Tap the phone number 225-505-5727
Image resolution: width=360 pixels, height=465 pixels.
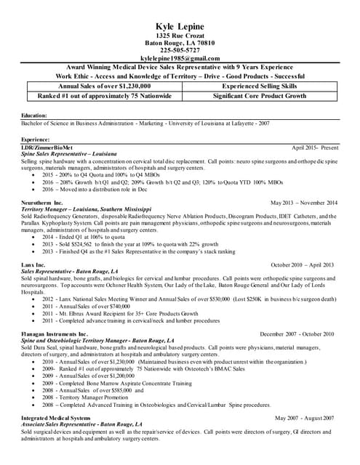[180, 50]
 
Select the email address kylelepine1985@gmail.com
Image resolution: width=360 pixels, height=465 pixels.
[180, 58]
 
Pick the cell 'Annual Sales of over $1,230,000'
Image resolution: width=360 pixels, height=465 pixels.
[99, 86]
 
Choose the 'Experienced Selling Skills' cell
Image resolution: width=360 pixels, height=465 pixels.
[259, 86]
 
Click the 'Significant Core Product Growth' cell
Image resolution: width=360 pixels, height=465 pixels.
[259, 95]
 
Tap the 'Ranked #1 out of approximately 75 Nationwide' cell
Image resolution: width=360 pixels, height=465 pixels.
[99, 95]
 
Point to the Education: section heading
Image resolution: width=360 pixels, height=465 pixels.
[34, 116]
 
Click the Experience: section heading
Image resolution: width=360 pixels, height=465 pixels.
[36, 139]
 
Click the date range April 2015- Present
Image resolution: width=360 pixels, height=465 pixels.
[315, 147]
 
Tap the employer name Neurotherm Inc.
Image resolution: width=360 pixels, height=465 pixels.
[42, 203]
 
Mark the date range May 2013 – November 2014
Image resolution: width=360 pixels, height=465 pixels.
[304, 203]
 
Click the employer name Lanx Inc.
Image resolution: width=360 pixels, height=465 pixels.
[33, 265]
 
